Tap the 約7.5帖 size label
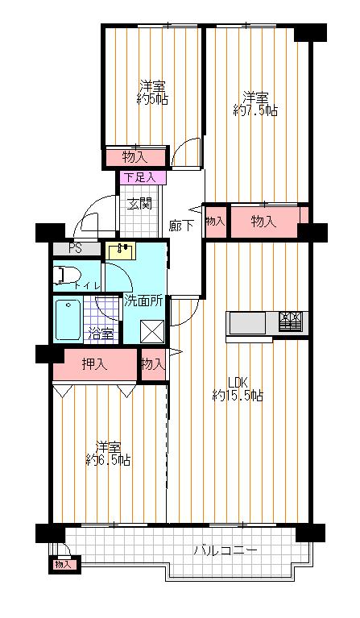tap(255, 110)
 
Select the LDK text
tap(237, 382)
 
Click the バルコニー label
tap(226, 551)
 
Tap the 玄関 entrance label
tap(139, 203)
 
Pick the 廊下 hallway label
tap(180, 226)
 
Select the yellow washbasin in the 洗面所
tap(122, 251)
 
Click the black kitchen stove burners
tap(291, 322)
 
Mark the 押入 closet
tap(94, 365)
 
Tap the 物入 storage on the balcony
tap(63, 565)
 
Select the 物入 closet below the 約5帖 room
tap(134, 156)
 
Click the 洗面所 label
tap(143, 301)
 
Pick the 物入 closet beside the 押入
tap(152, 364)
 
